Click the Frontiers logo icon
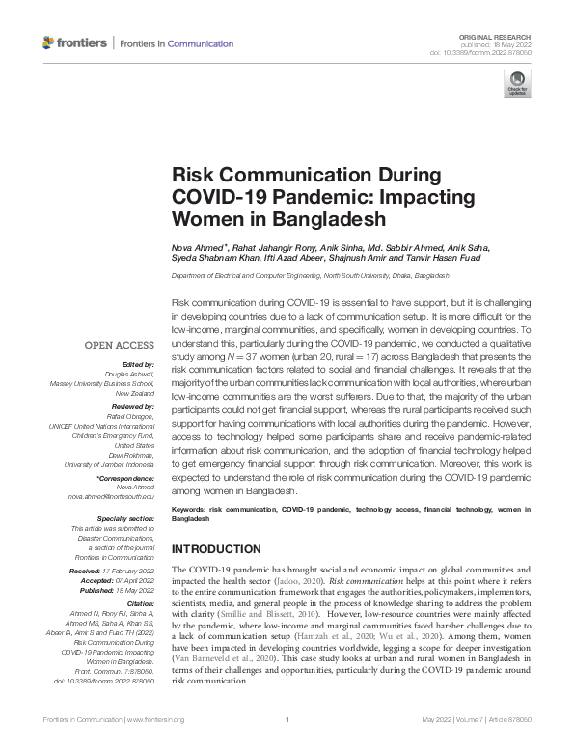[x=49, y=42]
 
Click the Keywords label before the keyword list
[x=190, y=507]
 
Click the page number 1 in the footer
[x=287, y=745]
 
